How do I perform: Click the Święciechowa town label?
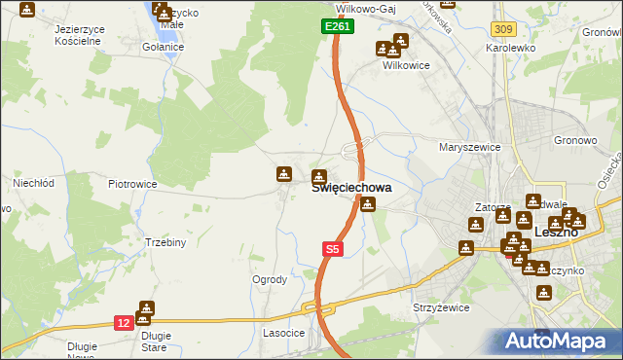coord(351,189)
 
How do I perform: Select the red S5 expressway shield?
coord(332,250)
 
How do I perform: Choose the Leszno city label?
coord(558,233)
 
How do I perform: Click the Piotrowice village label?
coord(132,183)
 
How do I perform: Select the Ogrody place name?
coord(270,279)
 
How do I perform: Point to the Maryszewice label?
coord(469,147)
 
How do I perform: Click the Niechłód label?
coord(32,182)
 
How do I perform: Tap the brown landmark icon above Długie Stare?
coord(145,308)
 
